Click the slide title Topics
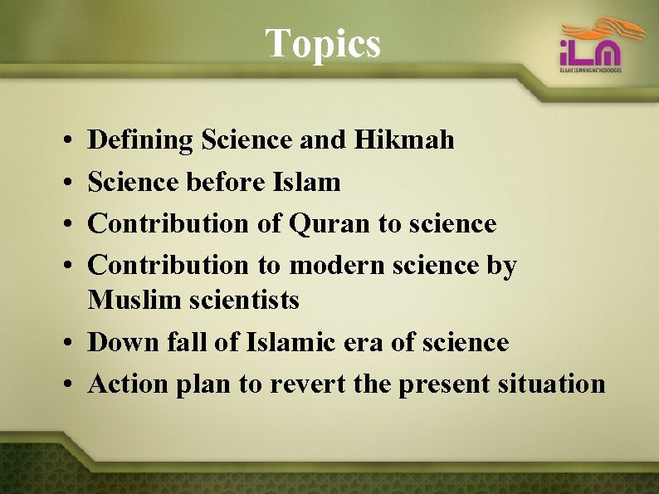(x=323, y=43)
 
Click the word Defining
(x=140, y=140)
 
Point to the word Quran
(x=325, y=223)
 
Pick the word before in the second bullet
(x=229, y=181)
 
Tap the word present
(x=444, y=384)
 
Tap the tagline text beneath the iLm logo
(x=590, y=71)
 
